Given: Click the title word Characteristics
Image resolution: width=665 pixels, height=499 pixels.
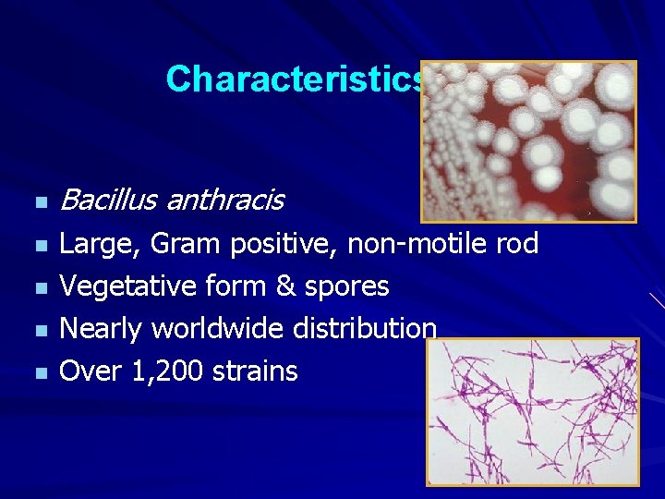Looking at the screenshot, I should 294,79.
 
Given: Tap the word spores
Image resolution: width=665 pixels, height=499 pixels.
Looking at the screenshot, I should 349,287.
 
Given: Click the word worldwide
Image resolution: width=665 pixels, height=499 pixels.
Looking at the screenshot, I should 219,329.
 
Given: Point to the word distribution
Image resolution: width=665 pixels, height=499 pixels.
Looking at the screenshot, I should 365,329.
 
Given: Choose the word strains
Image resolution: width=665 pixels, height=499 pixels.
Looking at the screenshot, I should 256,371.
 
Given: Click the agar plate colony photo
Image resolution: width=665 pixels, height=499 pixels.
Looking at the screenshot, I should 528,141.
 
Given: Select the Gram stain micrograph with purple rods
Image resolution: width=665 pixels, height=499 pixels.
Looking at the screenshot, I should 532,411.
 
